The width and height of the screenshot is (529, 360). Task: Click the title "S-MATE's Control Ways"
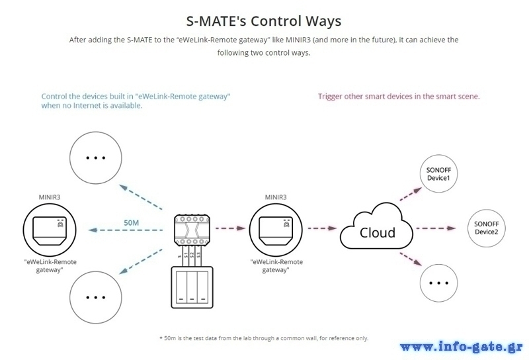coord(264,17)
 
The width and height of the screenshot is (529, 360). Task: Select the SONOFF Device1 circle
coord(438,175)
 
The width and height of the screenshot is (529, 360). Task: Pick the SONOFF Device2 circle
coord(486,228)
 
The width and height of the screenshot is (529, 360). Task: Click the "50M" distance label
coord(132,222)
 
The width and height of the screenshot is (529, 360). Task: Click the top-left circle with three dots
coord(96,159)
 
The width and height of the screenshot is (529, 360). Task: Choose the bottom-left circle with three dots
coord(96,296)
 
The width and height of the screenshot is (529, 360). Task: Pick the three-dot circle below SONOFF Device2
coord(438,282)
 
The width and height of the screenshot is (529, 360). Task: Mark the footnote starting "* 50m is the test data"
coord(264,338)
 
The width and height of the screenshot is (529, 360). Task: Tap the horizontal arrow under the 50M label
coord(127,231)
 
